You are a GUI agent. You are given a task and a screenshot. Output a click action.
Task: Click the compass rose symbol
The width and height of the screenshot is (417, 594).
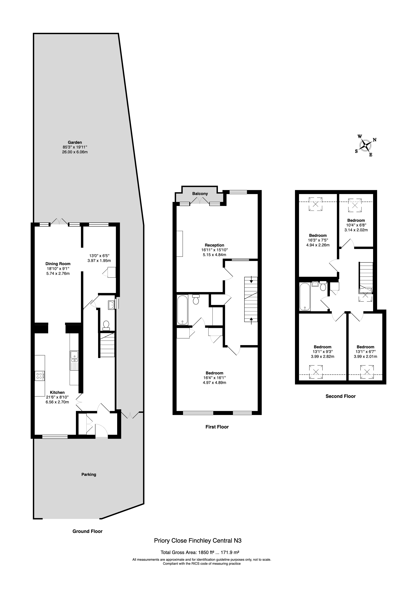[365, 145]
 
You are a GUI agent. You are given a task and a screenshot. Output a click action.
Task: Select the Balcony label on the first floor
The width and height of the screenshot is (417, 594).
[200, 193]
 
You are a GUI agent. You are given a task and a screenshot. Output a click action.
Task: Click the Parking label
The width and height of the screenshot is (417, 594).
[89, 474]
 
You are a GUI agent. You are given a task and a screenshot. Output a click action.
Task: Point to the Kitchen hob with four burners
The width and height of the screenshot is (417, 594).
[40, 375]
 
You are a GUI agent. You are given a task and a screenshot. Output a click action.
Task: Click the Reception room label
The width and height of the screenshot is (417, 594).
[215, 245]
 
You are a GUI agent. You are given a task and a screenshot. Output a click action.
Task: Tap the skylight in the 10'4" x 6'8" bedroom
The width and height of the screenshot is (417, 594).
[355, 205]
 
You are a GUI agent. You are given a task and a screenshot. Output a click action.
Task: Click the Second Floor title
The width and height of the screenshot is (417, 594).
[340, 396]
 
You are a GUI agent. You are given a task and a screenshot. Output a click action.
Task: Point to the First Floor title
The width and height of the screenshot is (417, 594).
[217, 427]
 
